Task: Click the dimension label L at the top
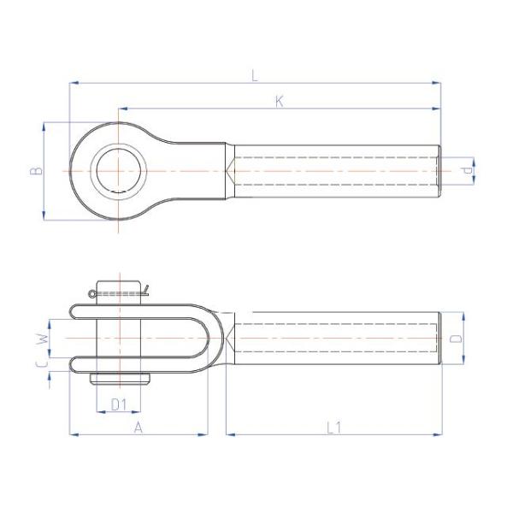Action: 254,75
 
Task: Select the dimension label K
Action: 279,102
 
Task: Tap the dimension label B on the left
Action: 35,171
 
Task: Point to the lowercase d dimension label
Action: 466,171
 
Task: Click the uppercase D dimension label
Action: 457,339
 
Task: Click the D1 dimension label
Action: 120,404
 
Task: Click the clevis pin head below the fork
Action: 119,379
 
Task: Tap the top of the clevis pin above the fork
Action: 119,288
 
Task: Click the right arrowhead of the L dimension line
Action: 437,83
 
